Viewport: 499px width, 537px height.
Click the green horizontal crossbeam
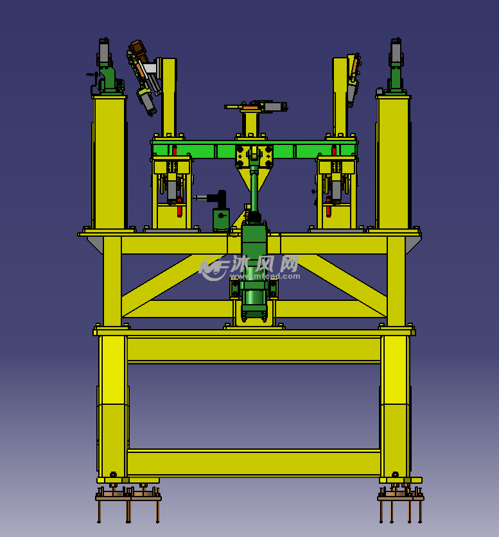pyautogui.click(x=254, y=149)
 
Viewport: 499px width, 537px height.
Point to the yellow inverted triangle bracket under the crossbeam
pyautogui.click(x=254, y=178)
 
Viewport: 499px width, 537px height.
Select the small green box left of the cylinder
pyautogui.click(x=221, y=219)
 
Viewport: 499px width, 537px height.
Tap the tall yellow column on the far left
pyautogui.click(x=109, y=163)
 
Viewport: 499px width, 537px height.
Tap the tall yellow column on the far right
pyautogui.click(x=393, y=163)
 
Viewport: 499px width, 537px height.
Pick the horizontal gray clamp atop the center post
pyautogui.click(x=256, y=106)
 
